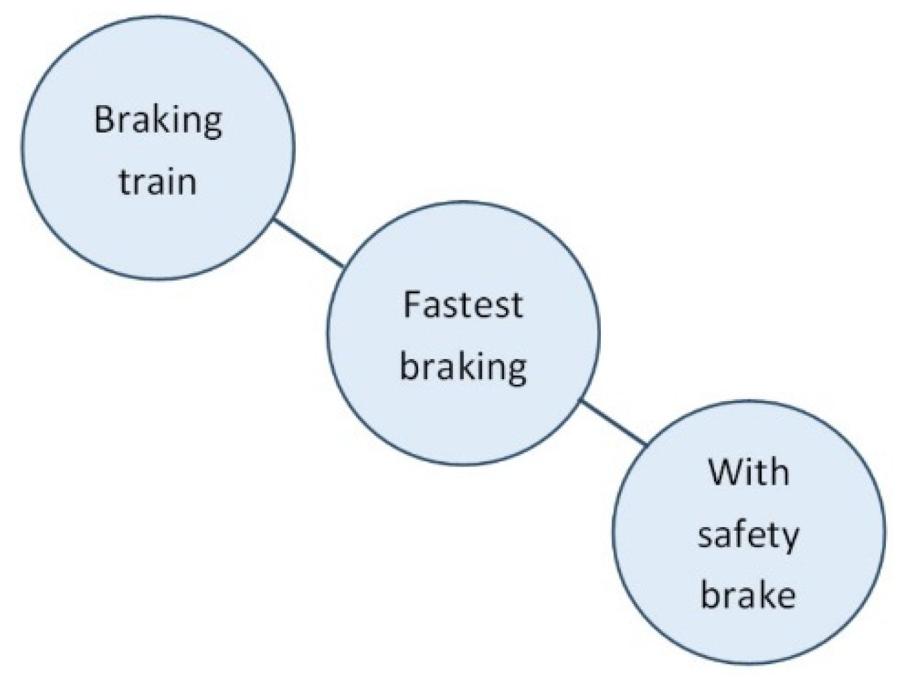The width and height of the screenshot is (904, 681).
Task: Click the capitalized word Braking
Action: tap(158, 121)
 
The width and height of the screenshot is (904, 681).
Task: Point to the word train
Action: tap(158, 182)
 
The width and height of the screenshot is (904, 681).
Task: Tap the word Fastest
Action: tap(462, 305)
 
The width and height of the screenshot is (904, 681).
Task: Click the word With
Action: tap(748, 472)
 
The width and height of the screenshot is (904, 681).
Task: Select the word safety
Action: tap(747, 536)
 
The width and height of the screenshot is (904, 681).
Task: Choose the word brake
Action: tap(747, 595)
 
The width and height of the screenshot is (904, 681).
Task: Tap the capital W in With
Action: tap(725, 472)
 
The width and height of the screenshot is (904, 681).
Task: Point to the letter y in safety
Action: tap(790, 539)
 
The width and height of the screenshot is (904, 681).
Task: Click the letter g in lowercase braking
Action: tap(516, 370)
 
